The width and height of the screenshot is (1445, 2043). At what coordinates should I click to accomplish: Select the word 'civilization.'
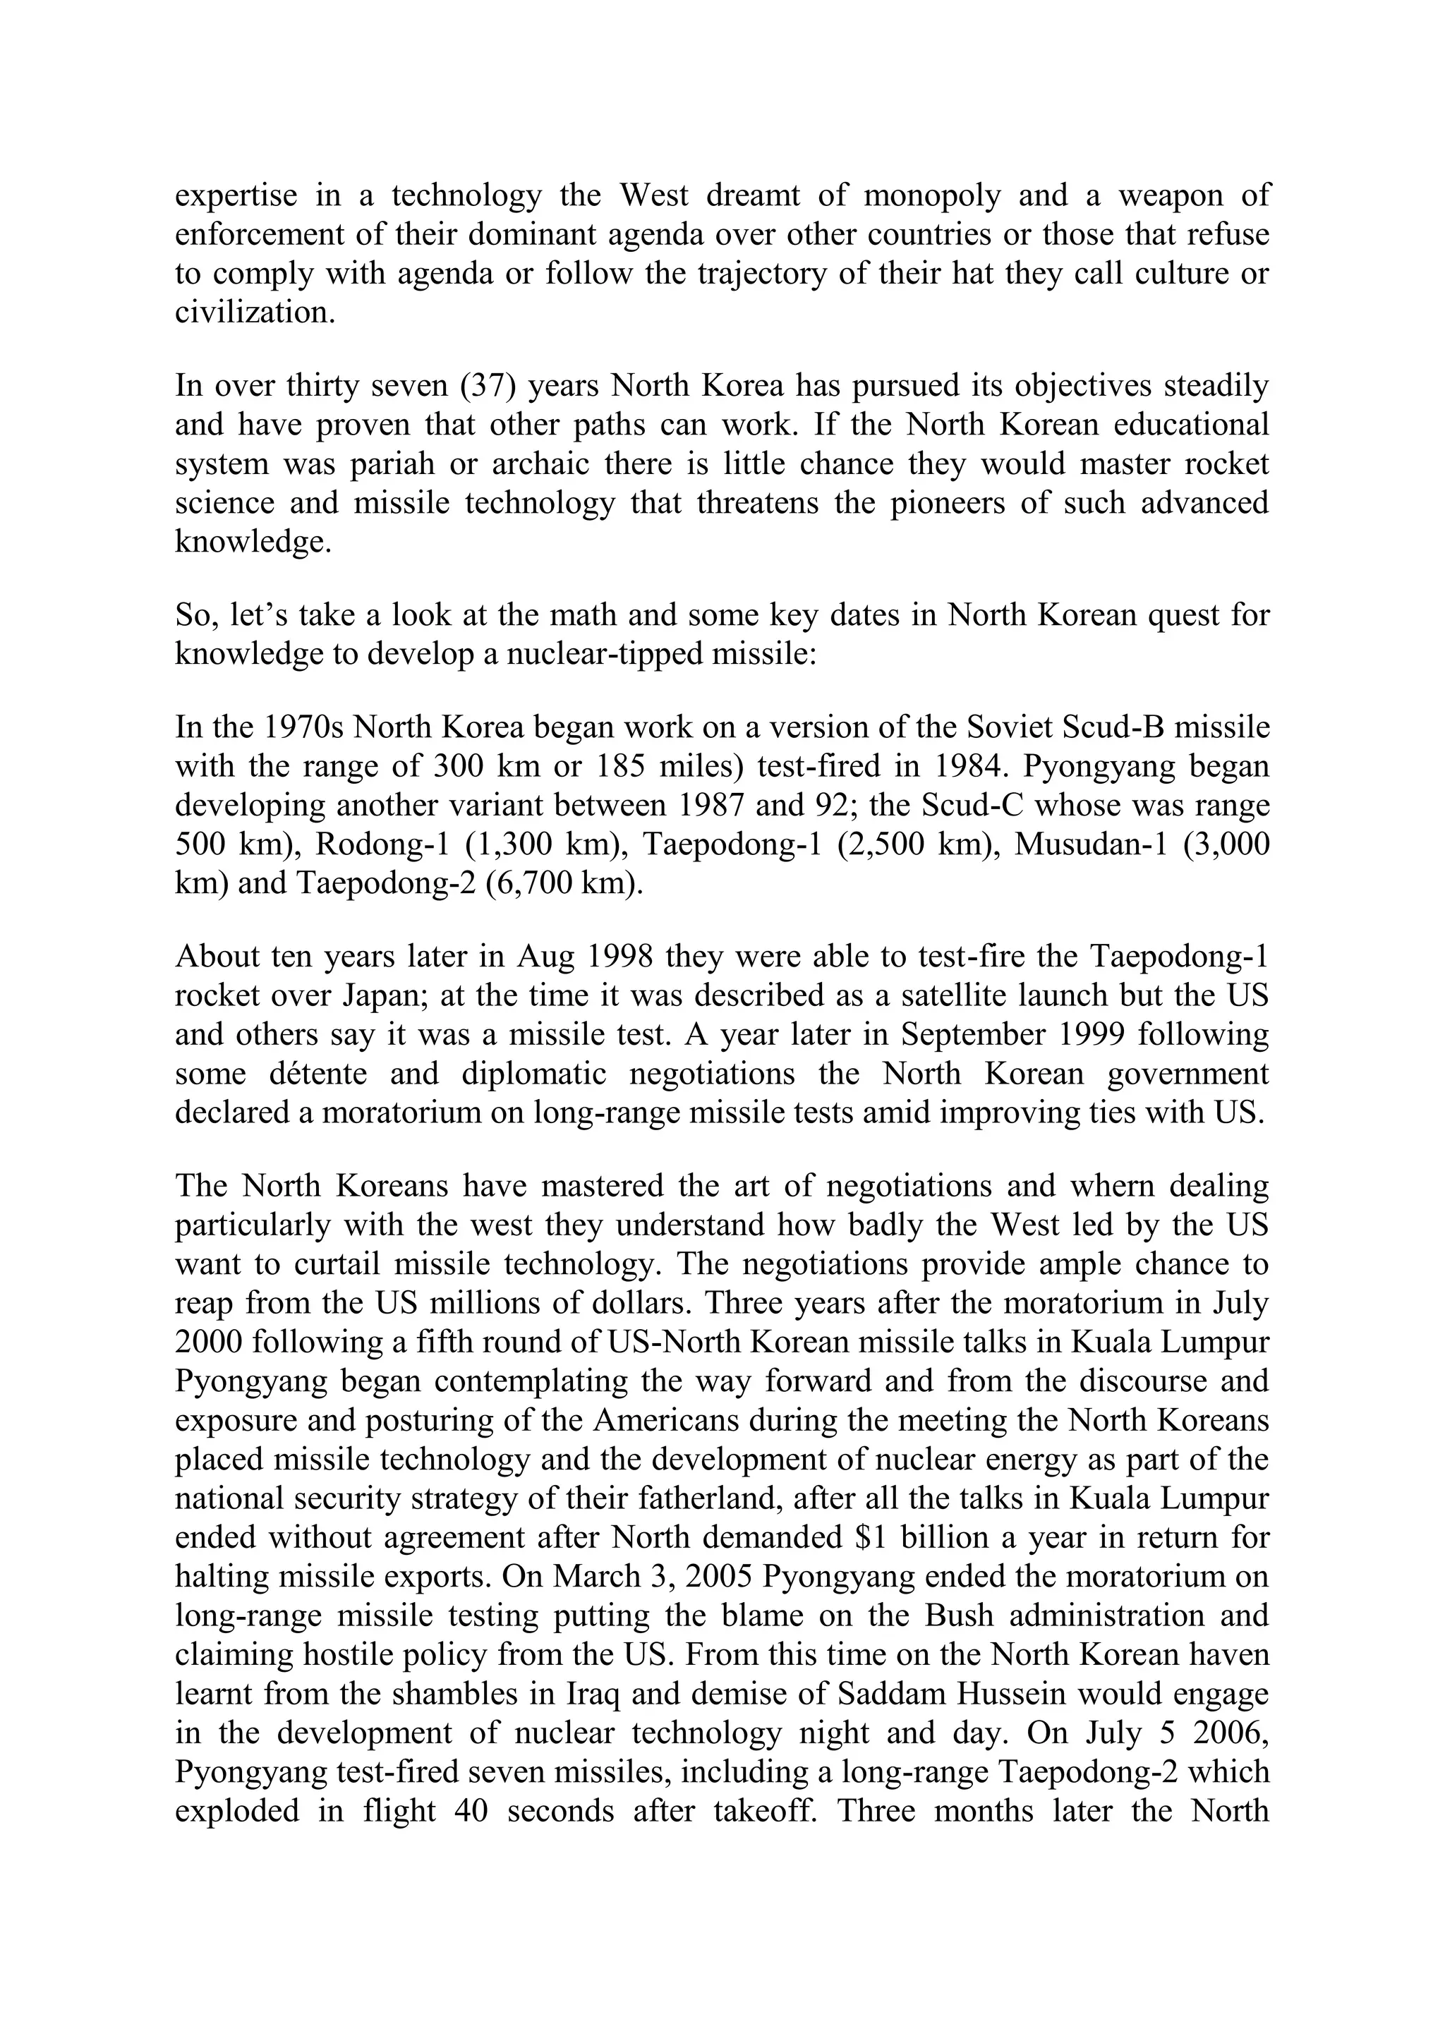[x=255, y=313]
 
